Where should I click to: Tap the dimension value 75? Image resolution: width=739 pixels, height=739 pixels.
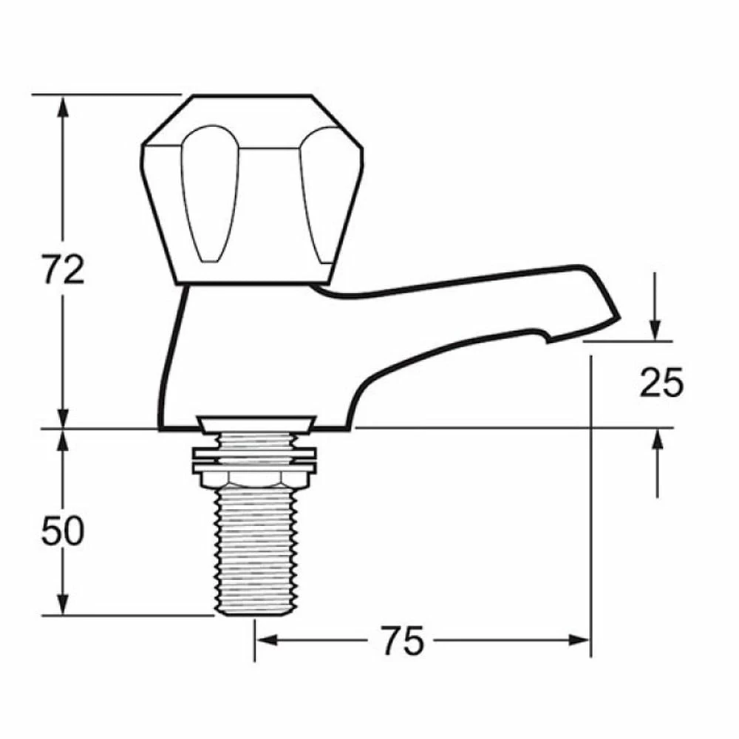click(x=403, y=640)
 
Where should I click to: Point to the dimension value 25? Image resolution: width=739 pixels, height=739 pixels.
click(x=661, y=383)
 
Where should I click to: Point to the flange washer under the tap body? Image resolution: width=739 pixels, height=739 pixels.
click(x=255, y=422)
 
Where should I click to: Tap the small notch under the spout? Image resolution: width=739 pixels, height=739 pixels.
click(x=545, y=339)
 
